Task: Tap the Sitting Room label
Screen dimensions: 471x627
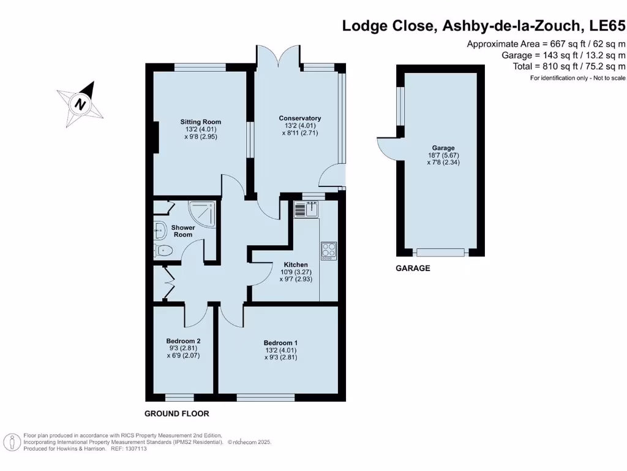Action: (x=200, y=121)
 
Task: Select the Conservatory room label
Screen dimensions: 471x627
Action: (x=299, y=118)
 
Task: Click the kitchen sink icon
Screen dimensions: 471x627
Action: (x=306, y=210)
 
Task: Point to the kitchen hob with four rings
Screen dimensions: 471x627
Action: (x=329, y=250)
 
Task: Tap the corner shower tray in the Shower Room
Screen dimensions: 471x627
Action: (x=203, y=213)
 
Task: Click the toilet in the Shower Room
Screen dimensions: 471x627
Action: (x=163, y=250)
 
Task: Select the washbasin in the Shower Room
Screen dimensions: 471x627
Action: (x=160, y=231)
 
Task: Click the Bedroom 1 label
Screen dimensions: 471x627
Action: (x=281, y=343)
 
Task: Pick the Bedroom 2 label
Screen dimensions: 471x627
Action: (x=183, y=341)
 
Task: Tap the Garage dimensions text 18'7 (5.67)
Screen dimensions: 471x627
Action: (x=443, y=156)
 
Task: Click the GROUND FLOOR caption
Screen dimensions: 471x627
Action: (x=177, y=414)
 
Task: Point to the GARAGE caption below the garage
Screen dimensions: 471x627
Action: (x=413, y=268)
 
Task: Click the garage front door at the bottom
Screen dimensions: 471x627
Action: (x=441, y=252)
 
